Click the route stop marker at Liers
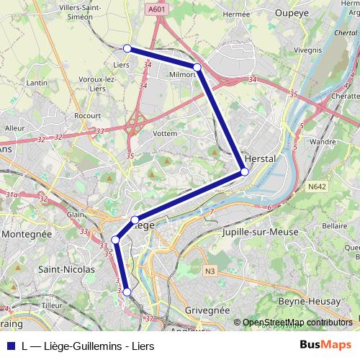(127, 48)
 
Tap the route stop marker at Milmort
(197, 67)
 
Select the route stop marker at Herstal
(245, 172)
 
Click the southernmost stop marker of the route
(127, 292)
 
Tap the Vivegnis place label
(307, 50)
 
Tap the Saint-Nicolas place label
(66, 269)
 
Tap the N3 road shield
(209, 271)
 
